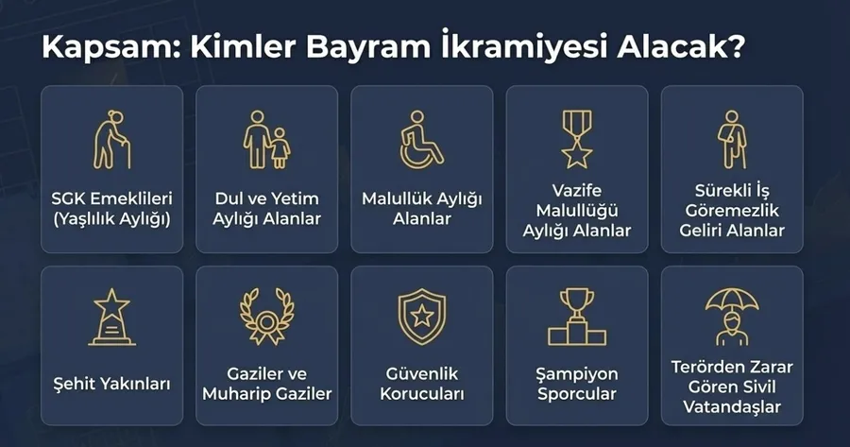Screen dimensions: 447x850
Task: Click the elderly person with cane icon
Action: (x=112, y=139)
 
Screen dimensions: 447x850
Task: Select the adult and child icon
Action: (x=267, y=139)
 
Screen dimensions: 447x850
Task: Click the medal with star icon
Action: (x=577, y=138)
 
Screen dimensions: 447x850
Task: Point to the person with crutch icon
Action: (x=731, y=139)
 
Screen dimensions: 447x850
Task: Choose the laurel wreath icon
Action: (x=267, y=317)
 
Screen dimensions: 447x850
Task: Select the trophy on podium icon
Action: (x=577, y=318)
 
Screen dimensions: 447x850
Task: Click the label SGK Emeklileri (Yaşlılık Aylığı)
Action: (x=112, y=209)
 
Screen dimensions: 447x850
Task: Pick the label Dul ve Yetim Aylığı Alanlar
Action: (x=267, y=209)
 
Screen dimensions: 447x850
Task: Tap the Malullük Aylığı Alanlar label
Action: (x=421, y=209)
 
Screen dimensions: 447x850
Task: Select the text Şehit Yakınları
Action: (x=112, y=384)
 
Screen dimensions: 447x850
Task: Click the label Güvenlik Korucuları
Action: (x=421, y=384)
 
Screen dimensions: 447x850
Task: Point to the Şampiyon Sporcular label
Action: (x=577, y=384)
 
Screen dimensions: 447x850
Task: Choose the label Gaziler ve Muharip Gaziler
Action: (x=267, y=384)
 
